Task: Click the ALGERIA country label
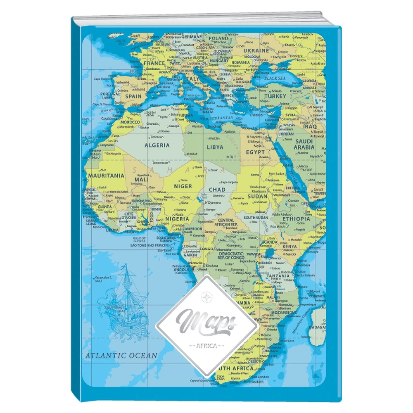point(157,145)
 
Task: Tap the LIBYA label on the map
point(214,147)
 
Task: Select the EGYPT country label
point(255,152)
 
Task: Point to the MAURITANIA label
point(106,175)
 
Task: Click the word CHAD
point(217,190)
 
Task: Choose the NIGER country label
point(183,186)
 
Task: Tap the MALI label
point(142,180)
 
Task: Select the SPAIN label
point(133,96)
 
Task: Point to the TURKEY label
point(275,96)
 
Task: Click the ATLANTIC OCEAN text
point(121,355)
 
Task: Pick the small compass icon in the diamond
point(206,295)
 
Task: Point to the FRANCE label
point(154,64)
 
